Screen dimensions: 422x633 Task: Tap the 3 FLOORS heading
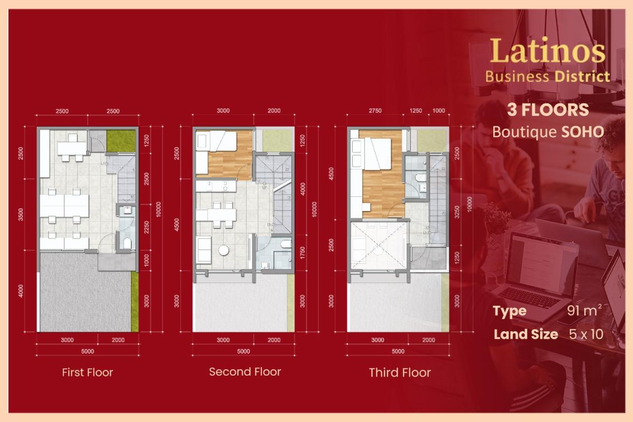pos(548,110)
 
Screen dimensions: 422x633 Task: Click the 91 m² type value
pos(584,311)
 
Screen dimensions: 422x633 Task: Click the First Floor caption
pos(88,372)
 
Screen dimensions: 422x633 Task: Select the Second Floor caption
pos(245,371)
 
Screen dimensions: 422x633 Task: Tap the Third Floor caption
pos(400,372)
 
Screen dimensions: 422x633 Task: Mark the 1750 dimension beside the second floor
pos(302,253)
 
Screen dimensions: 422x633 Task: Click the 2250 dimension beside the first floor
pos(146,227)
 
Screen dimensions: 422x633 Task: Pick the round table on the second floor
pos(224,250)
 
